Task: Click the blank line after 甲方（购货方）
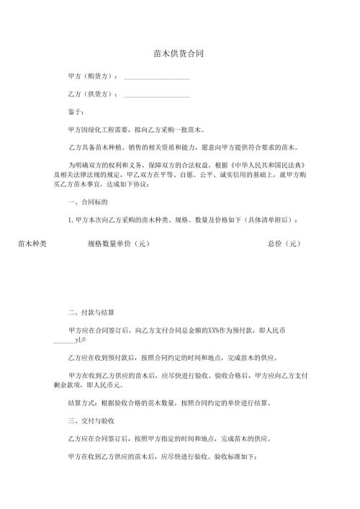[x=157, y=78]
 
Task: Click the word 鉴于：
[x=76, y=112]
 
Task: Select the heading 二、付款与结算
[x=91, y=313]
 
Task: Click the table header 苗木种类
[x=32, y=244]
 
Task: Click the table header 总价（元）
[x=284, y=244]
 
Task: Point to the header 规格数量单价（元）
[x=118, y=244]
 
